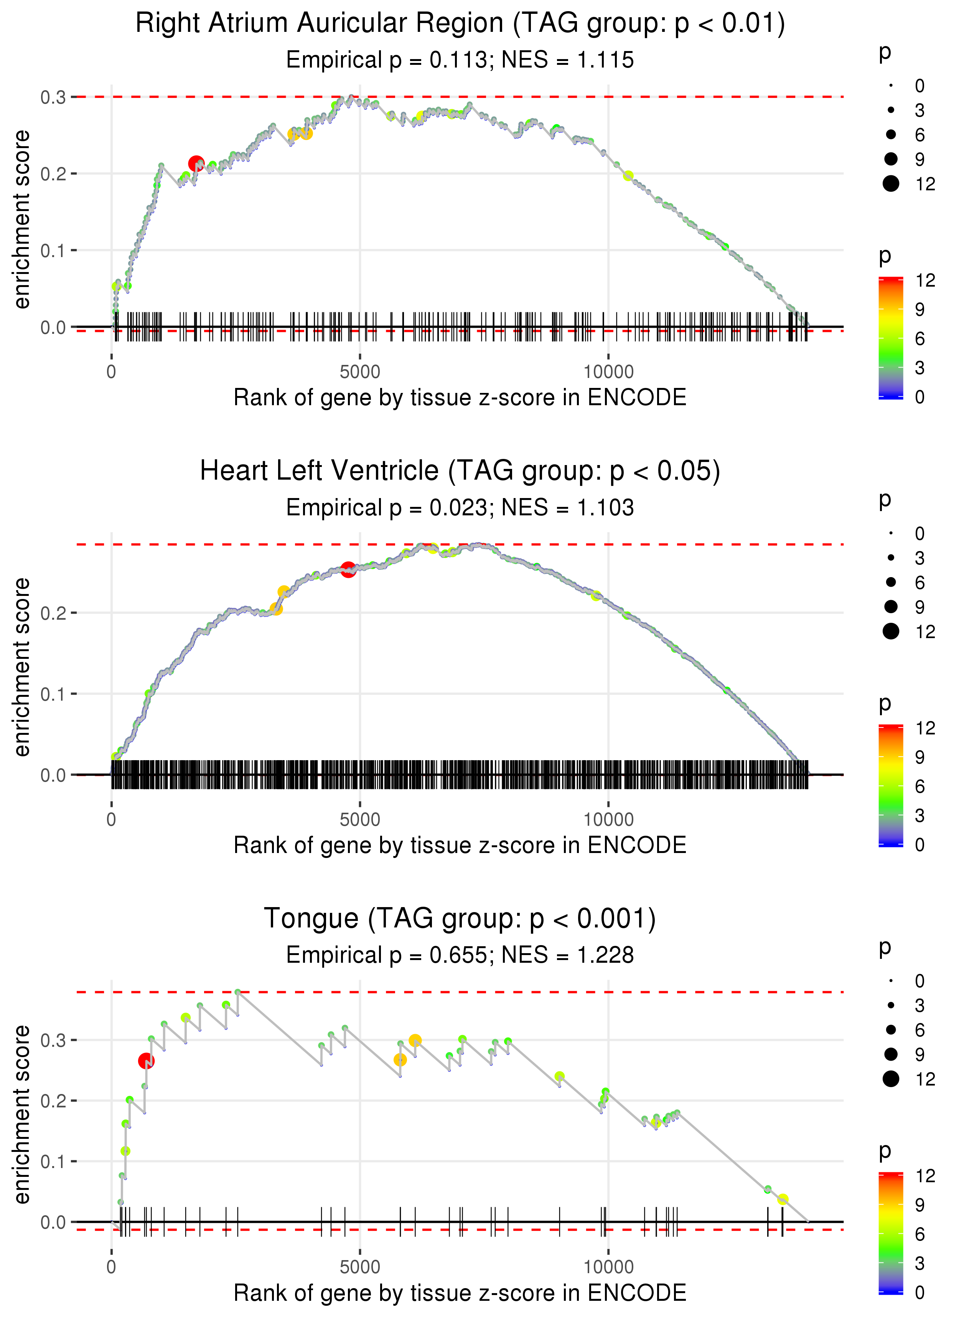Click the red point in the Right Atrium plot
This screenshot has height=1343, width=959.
click(196, 163)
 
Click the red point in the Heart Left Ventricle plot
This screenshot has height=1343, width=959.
click(348, 569)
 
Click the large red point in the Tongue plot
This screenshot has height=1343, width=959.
click(146, 1061)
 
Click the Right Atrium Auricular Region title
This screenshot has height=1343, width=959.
click(460, 24)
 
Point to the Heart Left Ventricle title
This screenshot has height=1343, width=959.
click(460, 471)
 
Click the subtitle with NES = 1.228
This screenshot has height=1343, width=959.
click(460, 955)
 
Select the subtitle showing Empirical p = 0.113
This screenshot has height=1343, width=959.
click(460, 60)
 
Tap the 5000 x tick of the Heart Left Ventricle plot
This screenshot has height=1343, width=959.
click(360, 820)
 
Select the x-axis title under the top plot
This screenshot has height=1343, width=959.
click(460, 398)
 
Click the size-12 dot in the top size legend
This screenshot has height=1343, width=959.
click(890, 184)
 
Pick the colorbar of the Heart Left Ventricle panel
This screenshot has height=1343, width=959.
click(890, 785)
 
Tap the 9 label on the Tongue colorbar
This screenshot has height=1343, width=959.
click(919, 1205)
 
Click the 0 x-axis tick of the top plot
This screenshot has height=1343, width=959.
click(112, 372)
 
